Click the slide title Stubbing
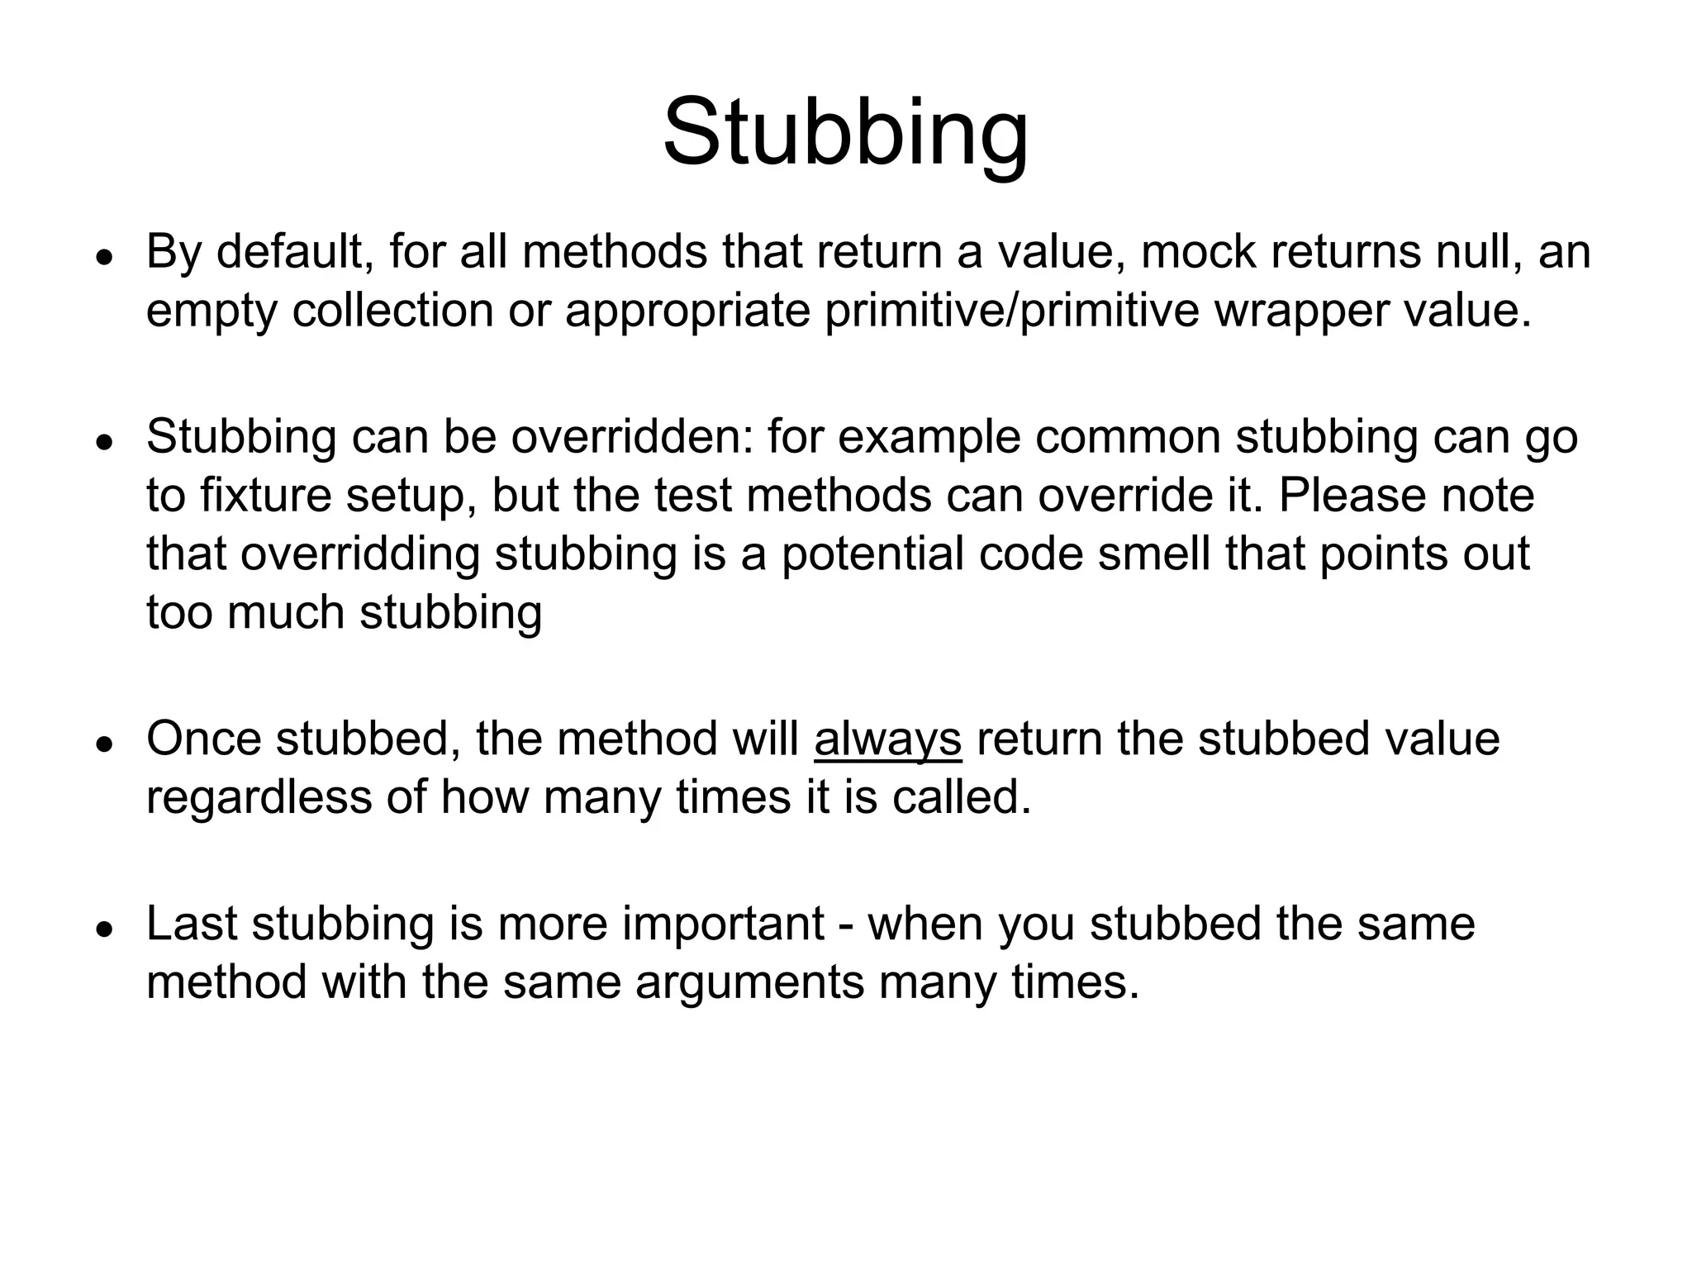point(845,132)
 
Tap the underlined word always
point(887,739)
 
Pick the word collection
point(392,311)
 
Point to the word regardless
point(259,798)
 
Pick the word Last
point(192,924)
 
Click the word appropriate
point(687,311)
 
